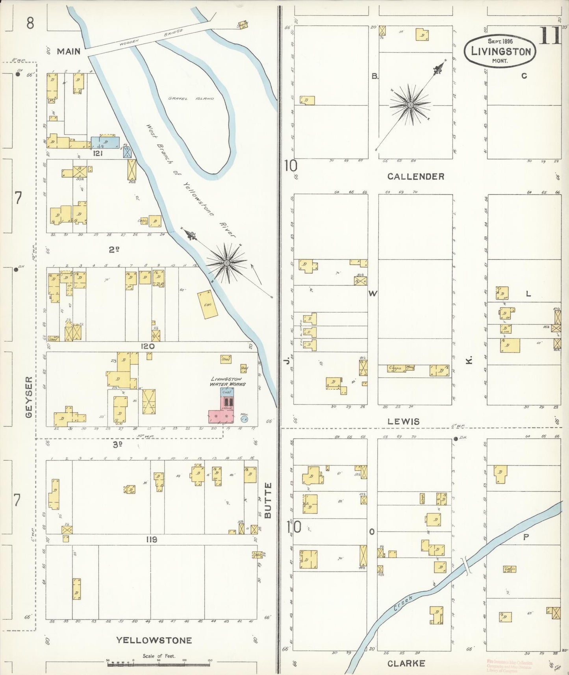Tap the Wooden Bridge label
point(152,39)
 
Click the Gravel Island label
point(191,98)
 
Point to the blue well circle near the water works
point(244,419)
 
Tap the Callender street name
point(415,176)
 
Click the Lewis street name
point(403,421)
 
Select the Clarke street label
point(406,663)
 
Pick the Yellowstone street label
point(154,640)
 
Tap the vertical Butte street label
point(268,500)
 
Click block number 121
point(97,153)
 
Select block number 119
point(151,540)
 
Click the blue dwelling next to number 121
point(105,142)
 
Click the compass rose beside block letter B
point(410,105)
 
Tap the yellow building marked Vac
point(207,304)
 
